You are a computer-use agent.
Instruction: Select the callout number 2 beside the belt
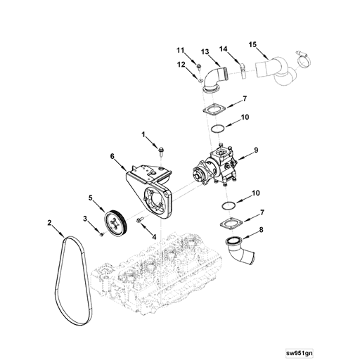pyautogui.click(x=49, y=223)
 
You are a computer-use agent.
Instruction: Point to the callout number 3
pyautogui.click(x=85, y=219)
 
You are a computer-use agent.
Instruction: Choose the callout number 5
pyautogui.click(x=91, y=198)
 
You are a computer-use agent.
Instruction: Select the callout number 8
pyautogui.click(x=262, y=229)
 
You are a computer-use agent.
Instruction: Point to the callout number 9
pyautogui.click(x=257, y=150)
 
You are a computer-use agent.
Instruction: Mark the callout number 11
pyautogui.click(x=179, y=50)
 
